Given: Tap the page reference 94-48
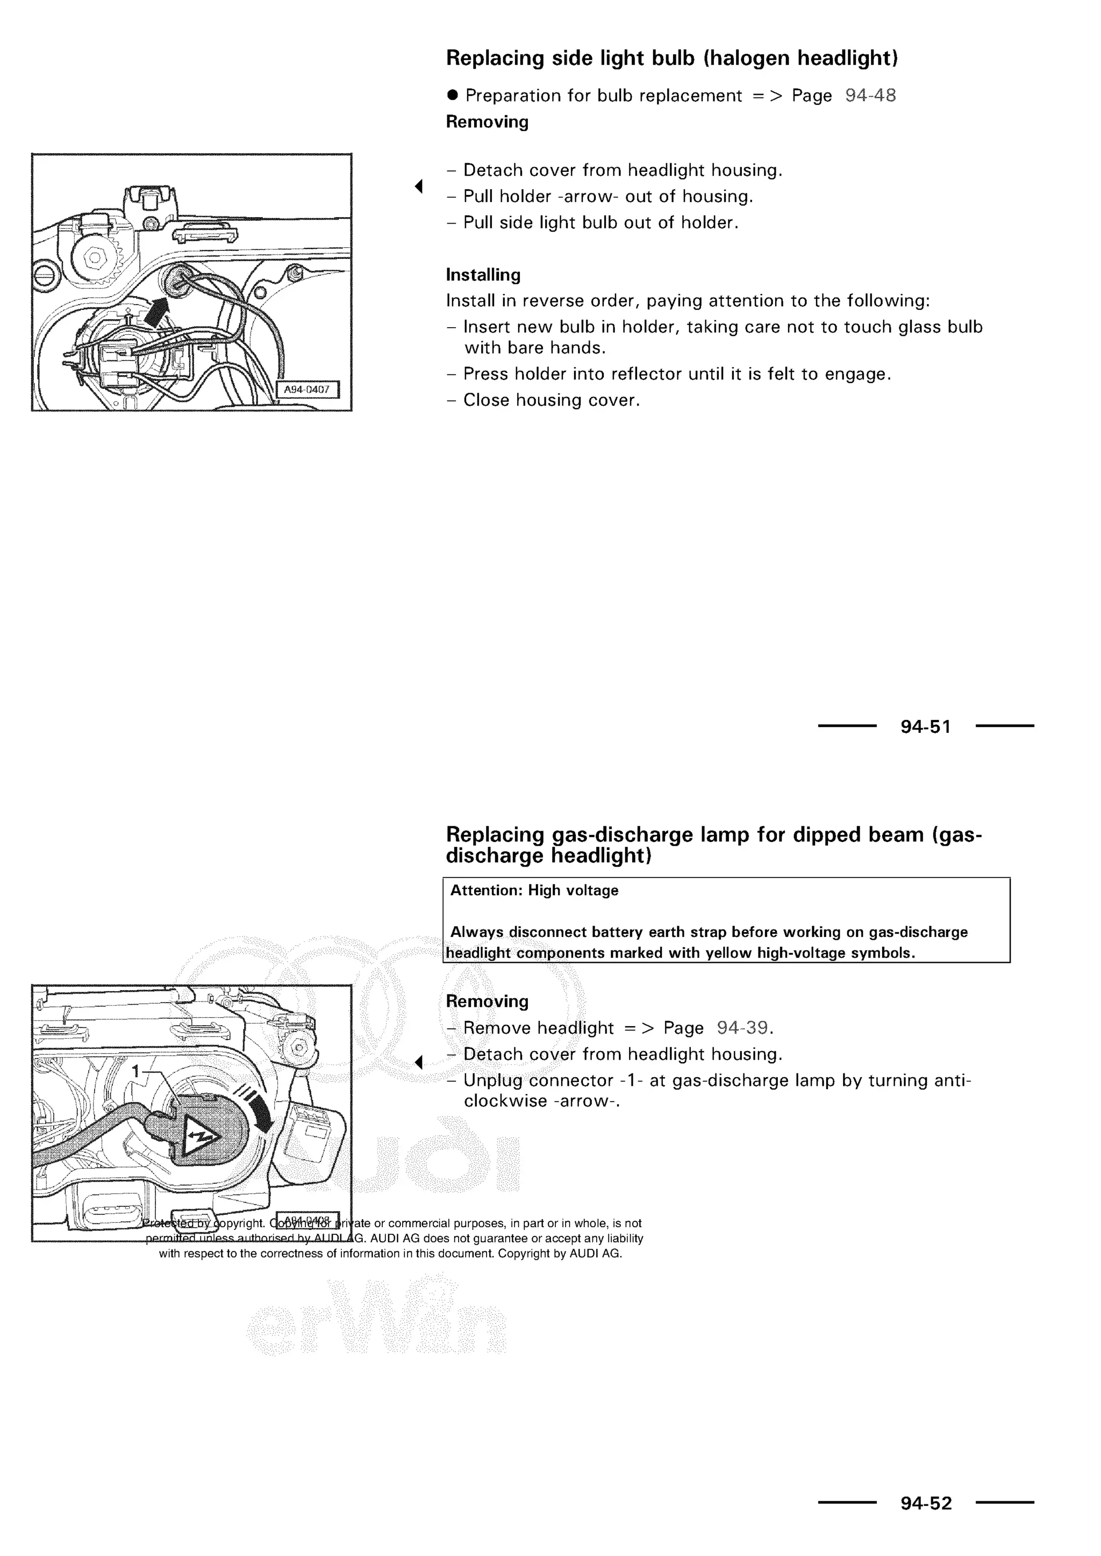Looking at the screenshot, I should pos(870,96).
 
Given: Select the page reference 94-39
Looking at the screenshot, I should pos(742,1028).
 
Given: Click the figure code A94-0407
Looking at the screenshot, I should pos(306,390).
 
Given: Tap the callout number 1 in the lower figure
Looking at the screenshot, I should pos(135,1071).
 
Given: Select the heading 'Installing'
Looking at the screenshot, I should pos(483,275).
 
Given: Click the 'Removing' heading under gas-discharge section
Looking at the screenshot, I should pos(487,1002).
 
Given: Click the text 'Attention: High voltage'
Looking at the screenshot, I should pos(534,890).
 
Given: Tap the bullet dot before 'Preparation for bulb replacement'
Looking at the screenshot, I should pos(453,95).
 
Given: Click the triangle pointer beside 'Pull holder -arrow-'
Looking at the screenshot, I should pos(419,186).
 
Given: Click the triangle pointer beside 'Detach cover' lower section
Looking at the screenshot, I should pos(419,1062).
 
